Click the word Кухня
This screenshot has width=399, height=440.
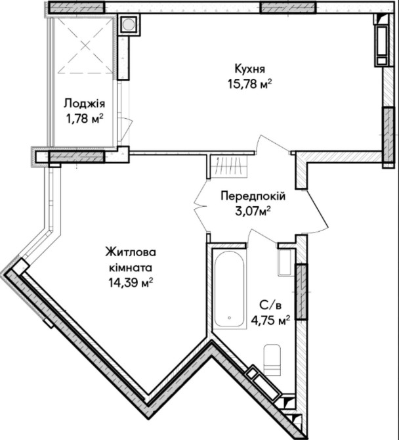249,69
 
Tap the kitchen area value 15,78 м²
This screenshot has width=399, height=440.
250,84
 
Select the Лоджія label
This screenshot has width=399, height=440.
84,104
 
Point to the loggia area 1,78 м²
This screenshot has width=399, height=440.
84,119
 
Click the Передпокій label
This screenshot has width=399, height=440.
253,196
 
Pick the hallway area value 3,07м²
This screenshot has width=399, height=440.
253,211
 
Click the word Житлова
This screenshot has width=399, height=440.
131,253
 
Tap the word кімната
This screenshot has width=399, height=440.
131,268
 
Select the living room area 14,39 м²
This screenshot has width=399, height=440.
131,283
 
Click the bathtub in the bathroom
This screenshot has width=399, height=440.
230,289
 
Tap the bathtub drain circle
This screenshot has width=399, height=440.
230,318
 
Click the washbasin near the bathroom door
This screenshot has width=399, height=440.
286,263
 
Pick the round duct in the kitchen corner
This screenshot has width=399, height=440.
129,24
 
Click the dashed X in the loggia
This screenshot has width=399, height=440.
85,45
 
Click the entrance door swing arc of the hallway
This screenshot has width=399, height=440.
319,213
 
